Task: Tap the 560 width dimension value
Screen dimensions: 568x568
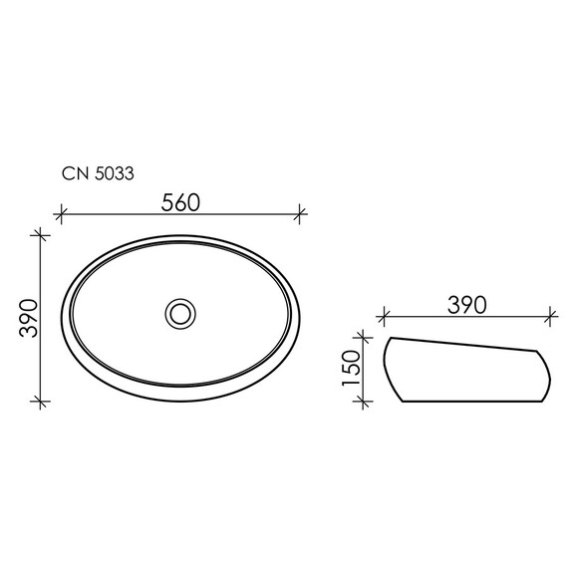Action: click(x=180, y=201)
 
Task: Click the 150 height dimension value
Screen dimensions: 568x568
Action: click(x=351, y=369)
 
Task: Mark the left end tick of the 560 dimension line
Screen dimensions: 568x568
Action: click(x=61, y=212)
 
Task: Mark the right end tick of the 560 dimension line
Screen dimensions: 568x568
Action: click(x=299, y=212)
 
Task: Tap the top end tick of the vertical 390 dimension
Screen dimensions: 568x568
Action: click(x=40, y=234)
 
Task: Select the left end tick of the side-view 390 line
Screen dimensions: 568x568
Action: click(x=384, y=318)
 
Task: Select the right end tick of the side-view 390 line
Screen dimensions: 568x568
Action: click(x=548, y=318)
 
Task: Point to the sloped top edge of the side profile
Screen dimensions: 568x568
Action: click(x=463, y=344)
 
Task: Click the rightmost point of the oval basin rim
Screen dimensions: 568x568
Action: click(x=299, y=317)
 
